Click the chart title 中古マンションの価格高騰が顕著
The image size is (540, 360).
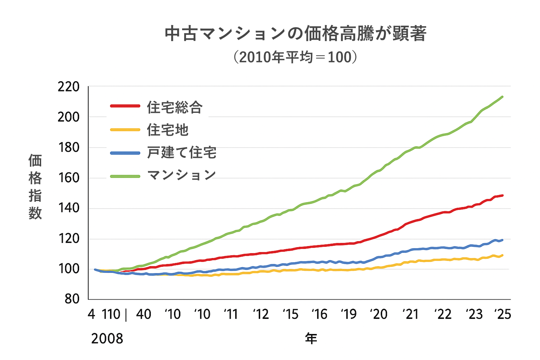[x=295, y=34]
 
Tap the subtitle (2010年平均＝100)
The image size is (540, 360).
[x=295, y=57]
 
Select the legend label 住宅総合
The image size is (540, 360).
[x=175, y=107]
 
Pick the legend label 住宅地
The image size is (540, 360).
[x=168, y=130]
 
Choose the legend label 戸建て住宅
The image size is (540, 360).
[x=182, y=153]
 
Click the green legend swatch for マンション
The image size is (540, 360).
[x=125, y=175]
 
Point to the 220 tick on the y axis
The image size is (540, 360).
[x=69, y=87]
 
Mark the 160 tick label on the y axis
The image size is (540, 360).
[x=69, y=178]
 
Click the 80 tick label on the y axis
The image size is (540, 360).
[x=72, y=299]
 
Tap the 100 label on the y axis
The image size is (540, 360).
[x=69, y=269]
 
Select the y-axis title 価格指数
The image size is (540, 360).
[x=35, y=187]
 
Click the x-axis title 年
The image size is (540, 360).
[x=311, y=339]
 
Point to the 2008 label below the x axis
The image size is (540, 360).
[x=107, y=339]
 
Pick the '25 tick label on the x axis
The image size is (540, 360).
[x=502, y=314]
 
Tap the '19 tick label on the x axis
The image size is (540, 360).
[x=348, y=314]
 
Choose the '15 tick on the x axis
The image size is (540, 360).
[x=290, y=314]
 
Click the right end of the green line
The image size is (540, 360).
[x=502, y=97]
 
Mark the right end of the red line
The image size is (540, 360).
[x=502, y=195]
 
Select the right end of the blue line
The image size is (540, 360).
[x=502, y=240]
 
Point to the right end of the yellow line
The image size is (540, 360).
[x=502, y=255]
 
